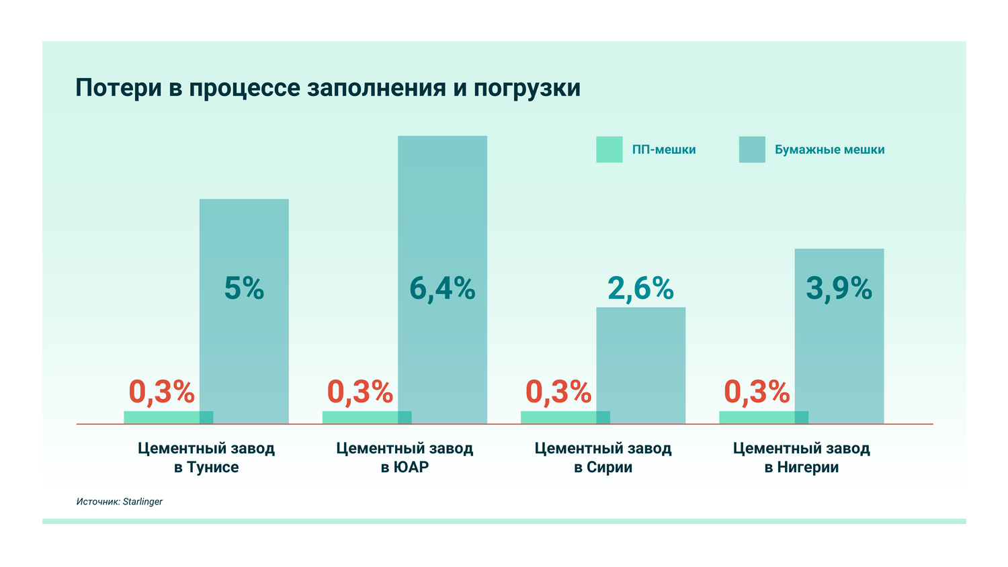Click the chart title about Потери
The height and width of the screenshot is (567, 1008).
pos(327,88)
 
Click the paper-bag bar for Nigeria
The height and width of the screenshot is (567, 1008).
pos(839,349)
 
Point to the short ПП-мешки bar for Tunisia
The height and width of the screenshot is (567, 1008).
pos(161,417)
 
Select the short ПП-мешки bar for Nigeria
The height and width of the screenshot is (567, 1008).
pos(757,417)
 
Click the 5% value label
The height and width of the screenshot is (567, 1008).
pos(244,288)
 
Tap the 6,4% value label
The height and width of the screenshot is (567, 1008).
pos(442,288)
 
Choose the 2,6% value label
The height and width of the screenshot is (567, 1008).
pos(640,288)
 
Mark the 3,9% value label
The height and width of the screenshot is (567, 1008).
pos(839,288)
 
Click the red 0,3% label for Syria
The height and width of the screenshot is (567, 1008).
pos(558,392)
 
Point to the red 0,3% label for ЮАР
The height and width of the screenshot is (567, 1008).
pos(360,392)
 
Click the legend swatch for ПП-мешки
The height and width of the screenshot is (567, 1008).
pos(609,150)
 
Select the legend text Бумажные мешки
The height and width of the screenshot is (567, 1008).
pos(829,150)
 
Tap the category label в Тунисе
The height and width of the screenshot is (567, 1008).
pos(206,467)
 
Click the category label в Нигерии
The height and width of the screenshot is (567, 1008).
pos(801,467)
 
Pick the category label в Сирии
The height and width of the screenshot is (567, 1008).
pos(603,467)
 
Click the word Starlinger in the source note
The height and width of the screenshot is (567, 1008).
pos(142,502)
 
